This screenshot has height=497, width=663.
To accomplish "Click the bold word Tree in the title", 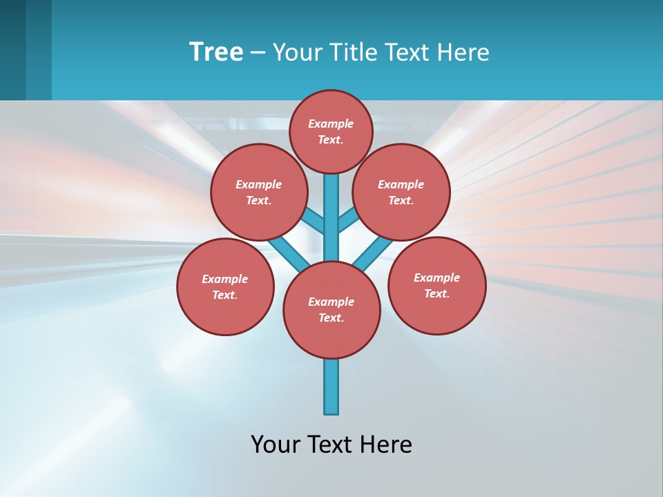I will [x=216, y=52].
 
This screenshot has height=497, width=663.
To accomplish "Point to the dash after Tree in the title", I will [x=258, y=53].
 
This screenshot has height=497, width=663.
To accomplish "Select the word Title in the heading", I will [x=351, y=52].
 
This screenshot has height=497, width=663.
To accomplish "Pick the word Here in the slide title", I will [x=466, y=52].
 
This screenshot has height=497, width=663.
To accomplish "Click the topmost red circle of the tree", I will [x=331, y=131].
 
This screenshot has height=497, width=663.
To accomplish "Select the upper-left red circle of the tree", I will [x=259, y=192].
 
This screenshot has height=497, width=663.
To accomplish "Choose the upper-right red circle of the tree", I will [x=401, y=192].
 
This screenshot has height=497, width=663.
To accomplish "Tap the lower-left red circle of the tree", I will [x=225, y=286].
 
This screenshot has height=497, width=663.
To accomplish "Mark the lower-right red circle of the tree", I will [x=436, y=285].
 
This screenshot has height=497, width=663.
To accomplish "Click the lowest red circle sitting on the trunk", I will [x=331, y=309].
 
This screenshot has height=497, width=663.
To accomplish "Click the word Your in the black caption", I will [x=276, y=445].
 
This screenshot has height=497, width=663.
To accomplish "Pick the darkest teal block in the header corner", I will [x=12, y=50].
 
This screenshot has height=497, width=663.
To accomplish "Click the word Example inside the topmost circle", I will [x=331, y=124].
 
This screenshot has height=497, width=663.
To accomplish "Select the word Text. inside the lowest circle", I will [x=331, y=318].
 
